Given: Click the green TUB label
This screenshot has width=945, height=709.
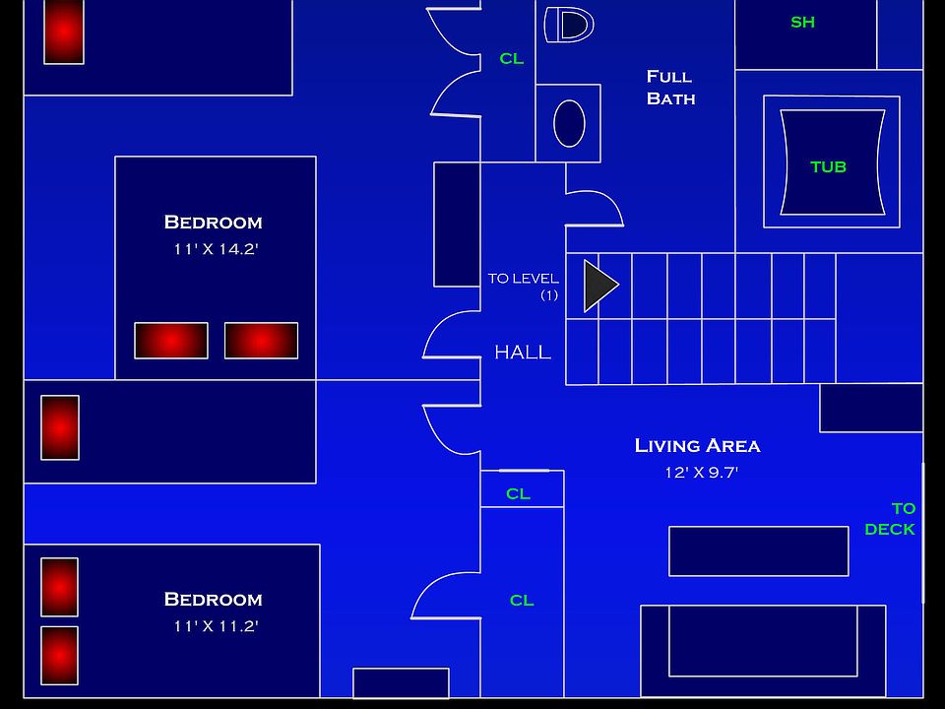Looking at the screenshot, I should (828, 166).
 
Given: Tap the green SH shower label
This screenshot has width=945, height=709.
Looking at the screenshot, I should (802, 22).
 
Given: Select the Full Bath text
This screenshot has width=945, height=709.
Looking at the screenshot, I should (670, 87).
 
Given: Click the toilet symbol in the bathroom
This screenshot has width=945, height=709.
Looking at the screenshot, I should (570, 25).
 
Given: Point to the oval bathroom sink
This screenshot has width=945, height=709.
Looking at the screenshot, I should (569, 123).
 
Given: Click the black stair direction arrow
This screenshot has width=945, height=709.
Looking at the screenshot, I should (599, 286).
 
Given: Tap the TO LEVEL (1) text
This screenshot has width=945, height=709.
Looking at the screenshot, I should (524, 286).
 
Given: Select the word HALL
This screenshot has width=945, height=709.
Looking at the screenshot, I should (523, 353).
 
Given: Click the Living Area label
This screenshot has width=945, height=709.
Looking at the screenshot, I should (697, 446).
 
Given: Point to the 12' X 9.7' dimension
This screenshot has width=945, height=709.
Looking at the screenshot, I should (701, 473).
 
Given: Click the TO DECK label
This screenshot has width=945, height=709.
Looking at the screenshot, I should (891, 519).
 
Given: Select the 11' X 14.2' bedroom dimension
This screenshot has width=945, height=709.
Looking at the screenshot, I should (216, 249).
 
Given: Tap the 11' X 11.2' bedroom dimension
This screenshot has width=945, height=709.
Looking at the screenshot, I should (216, 626).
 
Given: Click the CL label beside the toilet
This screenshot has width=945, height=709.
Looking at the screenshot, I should (512, 59).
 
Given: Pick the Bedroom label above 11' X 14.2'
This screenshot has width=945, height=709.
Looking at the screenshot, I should (213, 223).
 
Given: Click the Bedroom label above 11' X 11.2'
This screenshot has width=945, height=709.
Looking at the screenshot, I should (213, 600).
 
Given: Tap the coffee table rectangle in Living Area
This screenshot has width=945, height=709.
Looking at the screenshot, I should (758, 551).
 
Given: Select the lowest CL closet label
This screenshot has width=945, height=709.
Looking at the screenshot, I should (522, 600).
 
